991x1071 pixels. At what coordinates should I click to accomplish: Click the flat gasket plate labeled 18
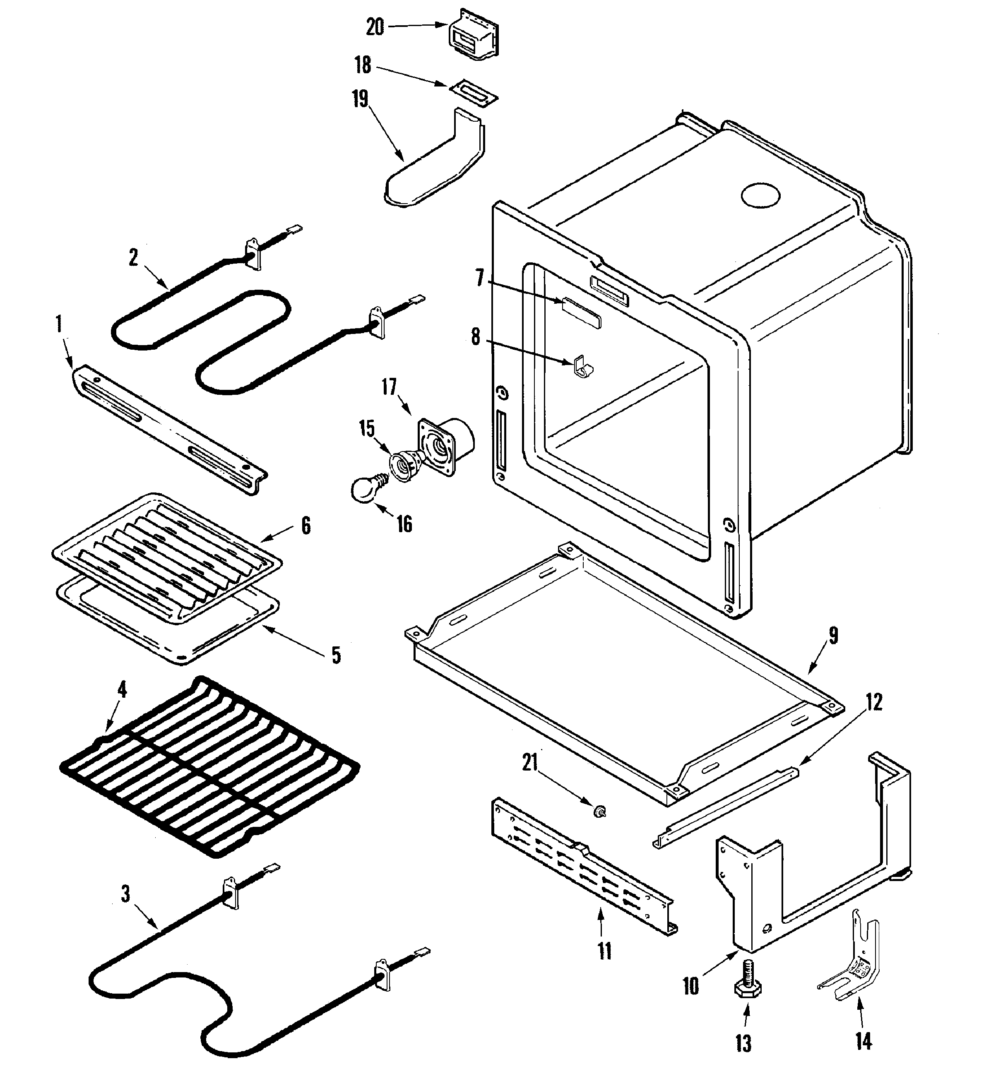(474, 96)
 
